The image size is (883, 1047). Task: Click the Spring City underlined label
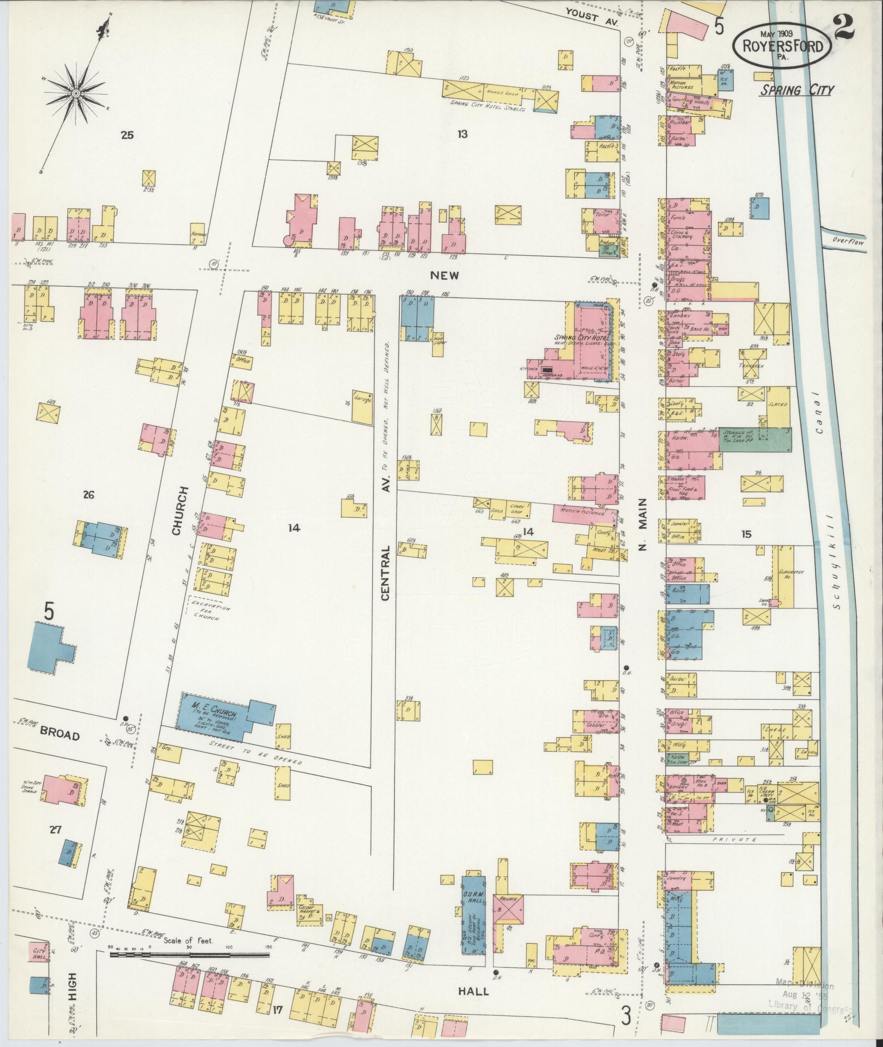[797, 90]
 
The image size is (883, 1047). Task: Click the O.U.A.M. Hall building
[474, 920]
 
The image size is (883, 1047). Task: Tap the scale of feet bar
[189, 955]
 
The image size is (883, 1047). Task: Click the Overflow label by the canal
[848, 241]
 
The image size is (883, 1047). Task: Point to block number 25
[127, 135]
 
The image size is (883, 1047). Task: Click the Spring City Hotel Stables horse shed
[487, 90]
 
